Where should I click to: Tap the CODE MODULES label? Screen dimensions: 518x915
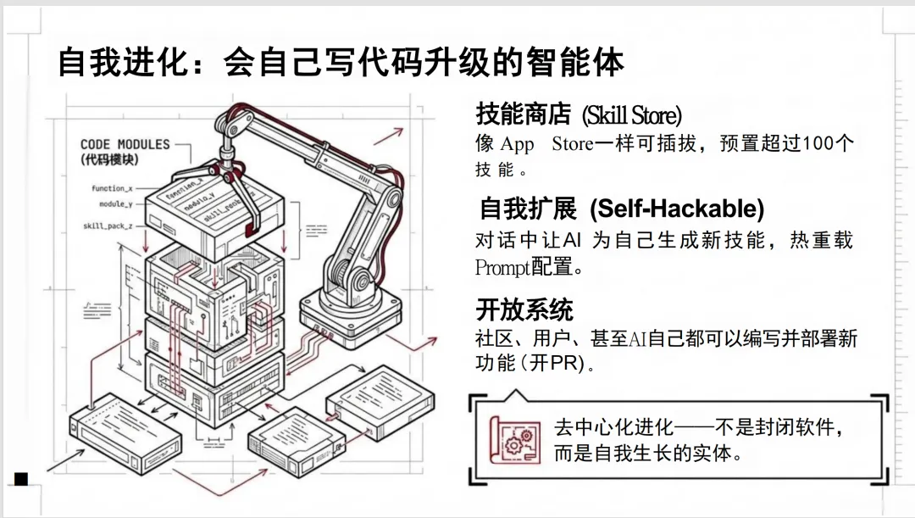click(125, 145)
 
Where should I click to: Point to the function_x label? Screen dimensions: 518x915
click(112, 188)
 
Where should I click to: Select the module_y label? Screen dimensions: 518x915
click(115, 204)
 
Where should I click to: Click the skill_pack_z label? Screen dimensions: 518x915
click(108, 226)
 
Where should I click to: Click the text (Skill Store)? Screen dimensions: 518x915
click(631, 114)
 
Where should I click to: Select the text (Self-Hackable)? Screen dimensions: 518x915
click(677, 209)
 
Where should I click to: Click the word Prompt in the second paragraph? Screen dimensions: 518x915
click(503, 268)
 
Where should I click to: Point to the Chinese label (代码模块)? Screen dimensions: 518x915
click(109, 159)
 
